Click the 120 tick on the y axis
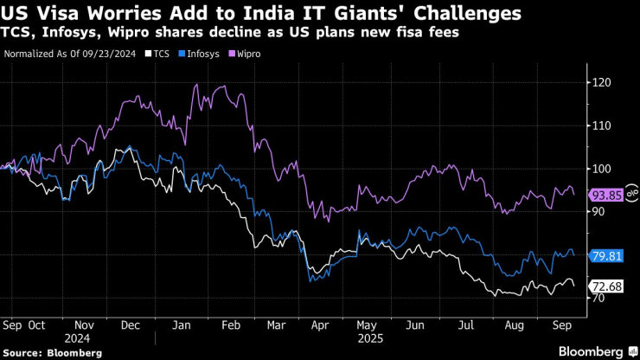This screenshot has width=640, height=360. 603,82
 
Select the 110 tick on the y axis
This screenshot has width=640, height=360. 603,125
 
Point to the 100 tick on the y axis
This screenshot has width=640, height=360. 603,169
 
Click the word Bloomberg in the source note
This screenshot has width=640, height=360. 73,353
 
